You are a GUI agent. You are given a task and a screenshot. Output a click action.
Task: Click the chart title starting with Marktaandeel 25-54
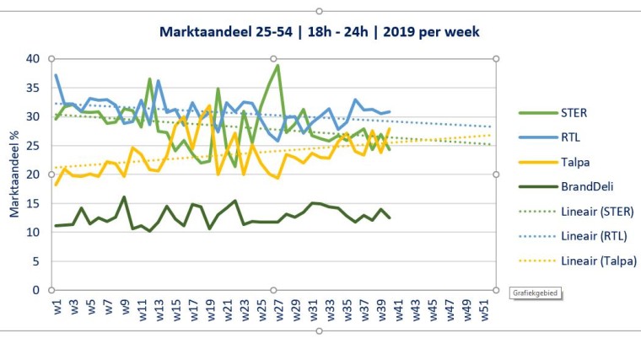pos(320,32)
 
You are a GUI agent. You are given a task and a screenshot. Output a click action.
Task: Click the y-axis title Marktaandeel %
pos(15,175)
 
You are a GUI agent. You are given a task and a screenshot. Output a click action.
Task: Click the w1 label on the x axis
pos(56,306)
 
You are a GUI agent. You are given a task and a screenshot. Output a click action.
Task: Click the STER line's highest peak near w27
pos(277,66)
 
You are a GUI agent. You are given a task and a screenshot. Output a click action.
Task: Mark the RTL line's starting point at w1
pos(56,75)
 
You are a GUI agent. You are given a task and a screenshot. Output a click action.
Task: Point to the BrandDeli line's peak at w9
pos(124,197)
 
